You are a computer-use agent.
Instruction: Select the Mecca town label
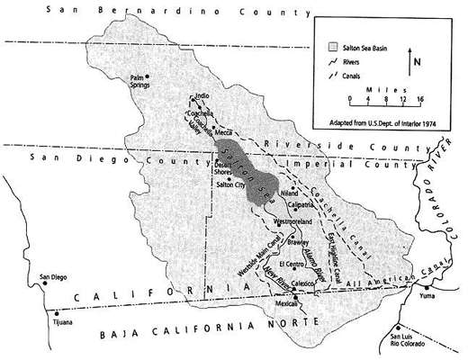tap(224, 132)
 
